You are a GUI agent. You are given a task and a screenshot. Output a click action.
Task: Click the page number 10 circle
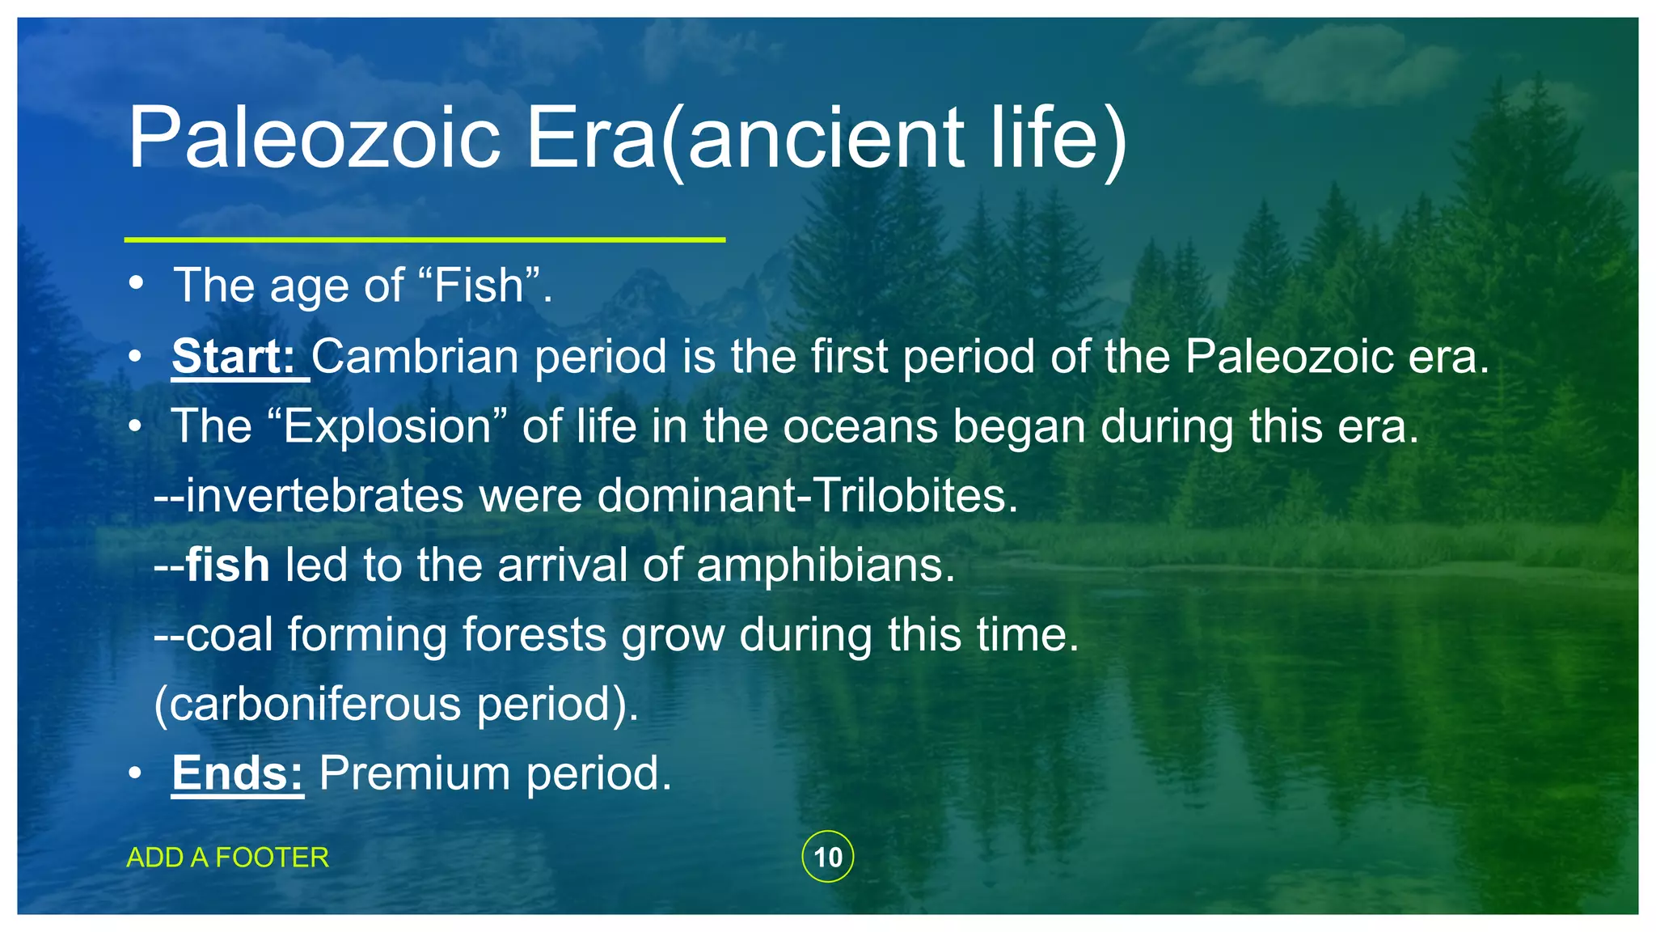[827, 857]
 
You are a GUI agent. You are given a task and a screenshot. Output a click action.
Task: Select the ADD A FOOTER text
[227, 858]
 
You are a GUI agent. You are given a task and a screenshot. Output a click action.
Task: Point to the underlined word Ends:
[237, 773]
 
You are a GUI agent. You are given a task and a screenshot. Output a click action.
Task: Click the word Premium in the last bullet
[415, 773]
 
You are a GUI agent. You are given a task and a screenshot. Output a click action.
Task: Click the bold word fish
[227, 565]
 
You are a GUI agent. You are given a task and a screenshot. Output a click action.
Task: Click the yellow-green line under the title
[425, 239]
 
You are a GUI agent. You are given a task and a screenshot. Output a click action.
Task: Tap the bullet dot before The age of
[136, 284]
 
